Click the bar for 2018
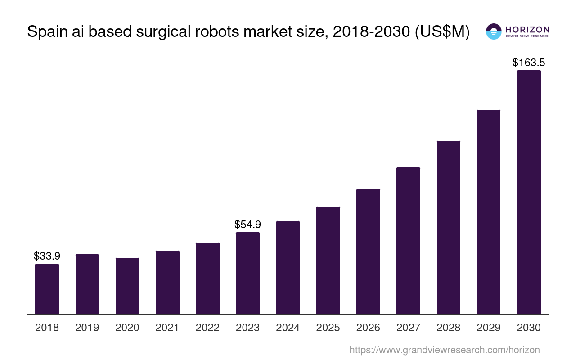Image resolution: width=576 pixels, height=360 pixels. click(47, 289)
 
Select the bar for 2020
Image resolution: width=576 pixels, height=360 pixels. click(127, 286)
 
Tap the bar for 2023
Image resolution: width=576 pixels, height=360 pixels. click(247, 273)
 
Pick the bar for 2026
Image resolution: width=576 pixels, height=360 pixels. click(368, 252)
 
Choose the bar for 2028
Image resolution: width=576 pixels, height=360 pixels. click(448, 227)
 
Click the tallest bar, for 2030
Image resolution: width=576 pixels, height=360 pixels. click(529, 192)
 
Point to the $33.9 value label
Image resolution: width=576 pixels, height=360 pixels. click(47, 256)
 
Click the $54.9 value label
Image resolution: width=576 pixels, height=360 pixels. click(247, 225)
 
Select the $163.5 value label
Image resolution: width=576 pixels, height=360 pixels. click(529, 63)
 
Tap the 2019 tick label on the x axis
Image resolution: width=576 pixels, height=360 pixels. click(87, 328)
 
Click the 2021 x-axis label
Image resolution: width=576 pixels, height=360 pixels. click(167, 328)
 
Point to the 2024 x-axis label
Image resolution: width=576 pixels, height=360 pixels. click(288, 328)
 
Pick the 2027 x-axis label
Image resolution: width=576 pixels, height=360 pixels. click(408, 328)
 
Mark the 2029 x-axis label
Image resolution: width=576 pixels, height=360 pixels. click(489, 328)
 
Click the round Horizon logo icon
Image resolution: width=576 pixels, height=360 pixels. click(494, 31)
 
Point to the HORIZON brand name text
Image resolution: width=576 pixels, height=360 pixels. click(527, 29)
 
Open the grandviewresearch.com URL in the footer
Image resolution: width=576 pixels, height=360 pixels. click(444, 350)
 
